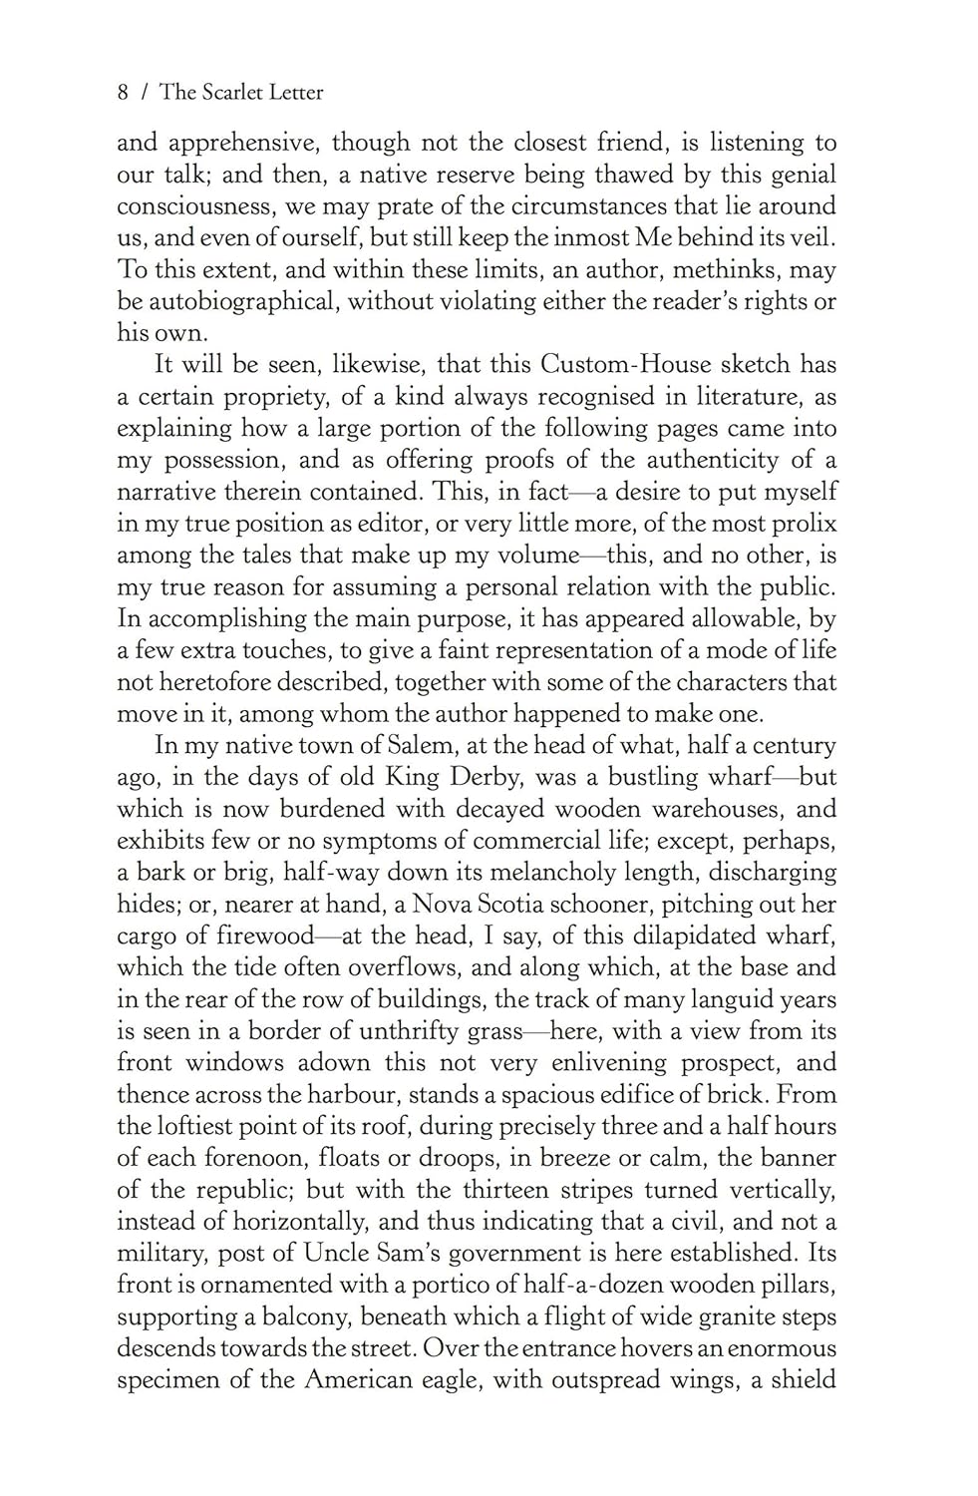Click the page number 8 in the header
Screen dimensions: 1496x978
coord(123,93)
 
